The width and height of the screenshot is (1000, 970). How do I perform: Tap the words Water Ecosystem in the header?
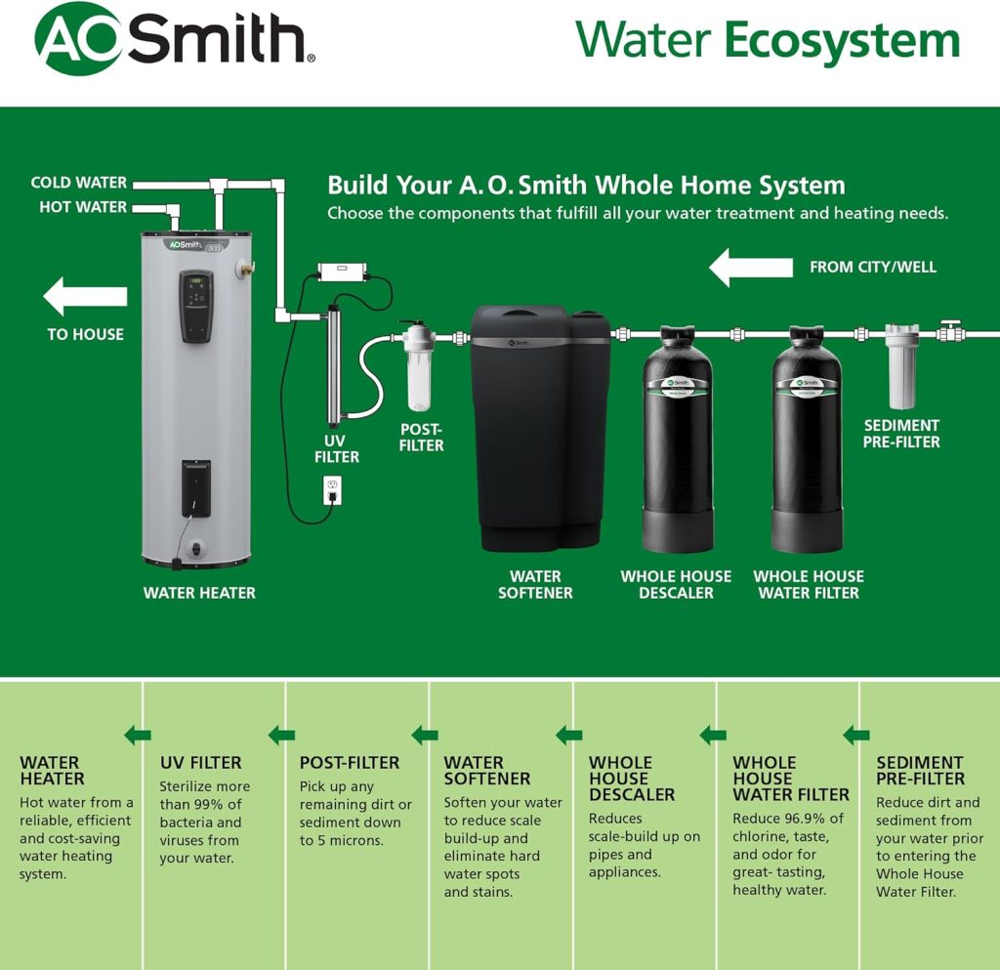coord(768,41)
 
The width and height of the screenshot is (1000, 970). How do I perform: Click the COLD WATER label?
coord(79,183)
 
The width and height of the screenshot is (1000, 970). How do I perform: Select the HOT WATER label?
coord(83,207)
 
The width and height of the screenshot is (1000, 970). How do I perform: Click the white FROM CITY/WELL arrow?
coord(750,267)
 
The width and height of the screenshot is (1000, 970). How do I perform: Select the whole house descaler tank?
coord(677,440)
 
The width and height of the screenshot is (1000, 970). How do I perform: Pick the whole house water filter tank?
coord(807,440)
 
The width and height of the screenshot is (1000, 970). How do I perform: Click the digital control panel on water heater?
coord(196,306)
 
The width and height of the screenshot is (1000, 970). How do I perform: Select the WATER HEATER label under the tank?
coord(199,593)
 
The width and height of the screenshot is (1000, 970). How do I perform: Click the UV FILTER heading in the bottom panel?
coord(200,763)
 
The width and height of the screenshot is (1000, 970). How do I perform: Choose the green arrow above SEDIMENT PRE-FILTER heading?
coord(856,736)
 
